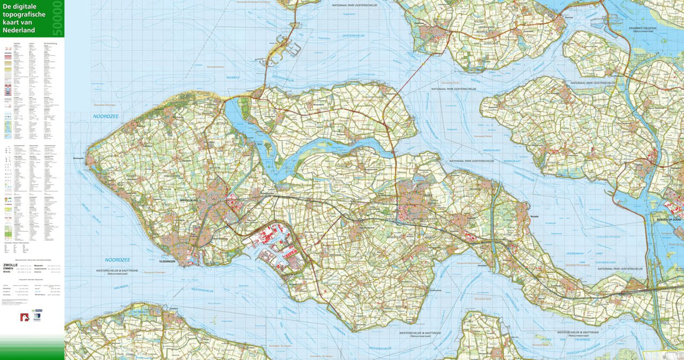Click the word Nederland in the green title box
click(x=19, y=30)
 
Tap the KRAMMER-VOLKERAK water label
click(x=657, y=28)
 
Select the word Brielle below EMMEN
click(x=7, y=273)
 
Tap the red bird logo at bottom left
click(x=24, y=318)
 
